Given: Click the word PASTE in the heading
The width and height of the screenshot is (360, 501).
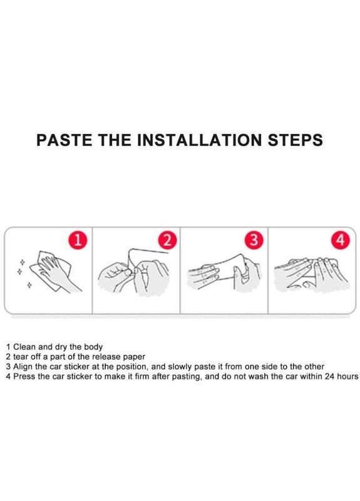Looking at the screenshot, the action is point(64,140).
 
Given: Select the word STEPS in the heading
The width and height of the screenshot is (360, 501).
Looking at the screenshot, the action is point(295,140).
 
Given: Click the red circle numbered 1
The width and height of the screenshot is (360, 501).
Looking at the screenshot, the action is point(78,240).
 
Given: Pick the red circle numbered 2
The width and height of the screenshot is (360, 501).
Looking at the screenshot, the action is point(167,240).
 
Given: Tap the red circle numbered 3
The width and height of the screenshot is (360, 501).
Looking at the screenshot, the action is point(254,240).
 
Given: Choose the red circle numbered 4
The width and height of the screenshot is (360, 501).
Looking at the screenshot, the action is point(341,240).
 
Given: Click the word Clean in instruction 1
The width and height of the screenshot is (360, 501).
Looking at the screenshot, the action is point(24,347).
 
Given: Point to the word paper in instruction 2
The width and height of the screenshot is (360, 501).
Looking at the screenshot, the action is point(134,357).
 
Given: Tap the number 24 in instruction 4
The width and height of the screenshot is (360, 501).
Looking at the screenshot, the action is point(330,376).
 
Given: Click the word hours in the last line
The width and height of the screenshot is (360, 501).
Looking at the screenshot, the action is point(347,376).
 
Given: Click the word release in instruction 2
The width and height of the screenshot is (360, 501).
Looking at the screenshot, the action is point(106,357).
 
